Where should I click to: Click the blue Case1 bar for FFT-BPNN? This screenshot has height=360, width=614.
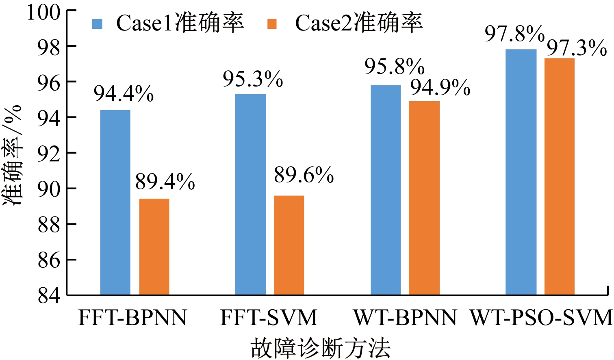click(115, 202)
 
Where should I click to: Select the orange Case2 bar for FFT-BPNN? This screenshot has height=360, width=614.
click(154, 247)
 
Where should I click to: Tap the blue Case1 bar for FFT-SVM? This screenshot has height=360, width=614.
click(251, 194)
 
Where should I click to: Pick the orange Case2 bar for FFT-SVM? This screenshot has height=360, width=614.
click(289, 245)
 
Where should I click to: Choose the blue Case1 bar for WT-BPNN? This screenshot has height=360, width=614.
click(386, 190)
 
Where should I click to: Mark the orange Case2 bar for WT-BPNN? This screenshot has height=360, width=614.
click(424, 198)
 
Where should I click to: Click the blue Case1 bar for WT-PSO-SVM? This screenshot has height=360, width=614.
click(521, 172)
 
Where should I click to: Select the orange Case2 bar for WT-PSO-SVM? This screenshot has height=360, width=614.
click(560, 176)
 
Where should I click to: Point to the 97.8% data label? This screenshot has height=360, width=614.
click(514, 34)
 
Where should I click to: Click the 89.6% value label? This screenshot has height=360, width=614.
click(304, 176)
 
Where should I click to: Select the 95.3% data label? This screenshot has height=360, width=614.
click(253, 79)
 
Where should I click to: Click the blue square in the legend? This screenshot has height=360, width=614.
click(98, 24)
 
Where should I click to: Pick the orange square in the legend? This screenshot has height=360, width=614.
click(272, 24)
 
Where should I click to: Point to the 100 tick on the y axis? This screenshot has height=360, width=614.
click(43, 12)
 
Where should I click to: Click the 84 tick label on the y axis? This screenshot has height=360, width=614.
click(49, 296)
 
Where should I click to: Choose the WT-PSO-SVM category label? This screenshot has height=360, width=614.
click(541, 318)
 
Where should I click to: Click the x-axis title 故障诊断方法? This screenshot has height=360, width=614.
click(321, 348)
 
